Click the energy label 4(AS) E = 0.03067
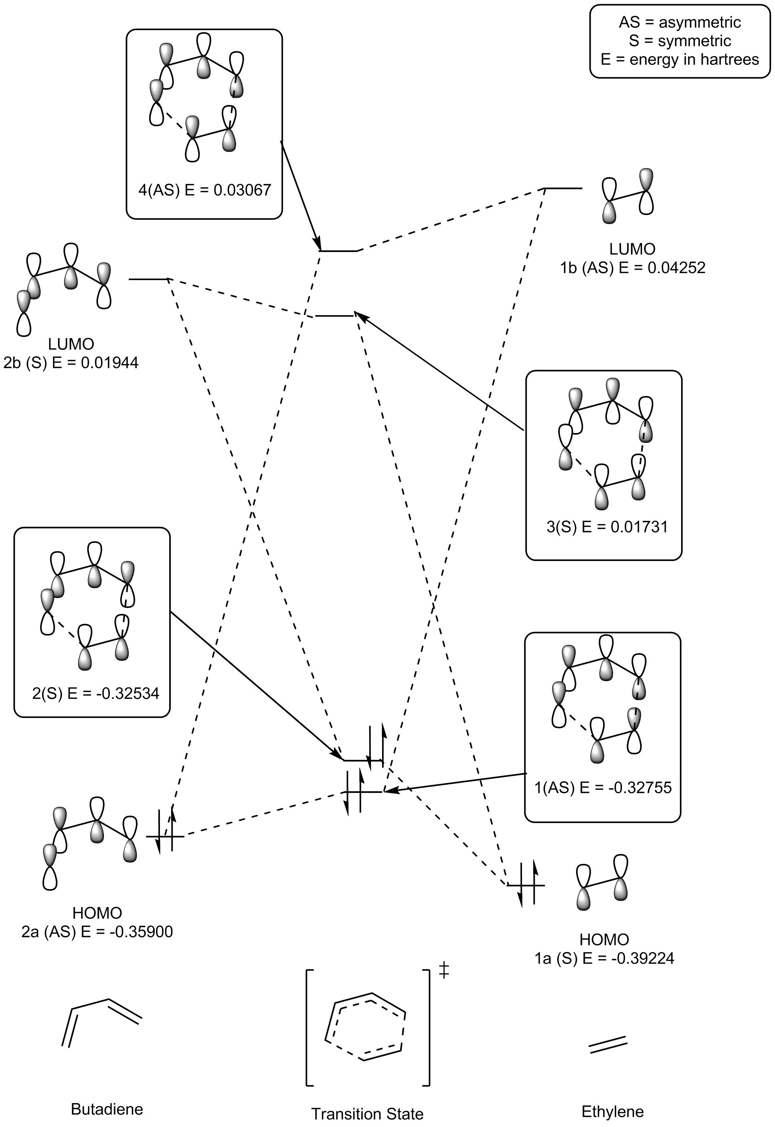coord(204,190)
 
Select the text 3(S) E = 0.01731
coord(607,527)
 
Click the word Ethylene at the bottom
coord(612,1112)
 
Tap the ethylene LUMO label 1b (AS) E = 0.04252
coord(632,267)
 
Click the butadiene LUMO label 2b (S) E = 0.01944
coord(71,363)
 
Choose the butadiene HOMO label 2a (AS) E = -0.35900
coord(97,932)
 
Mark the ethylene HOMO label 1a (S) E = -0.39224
coord(604,958)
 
